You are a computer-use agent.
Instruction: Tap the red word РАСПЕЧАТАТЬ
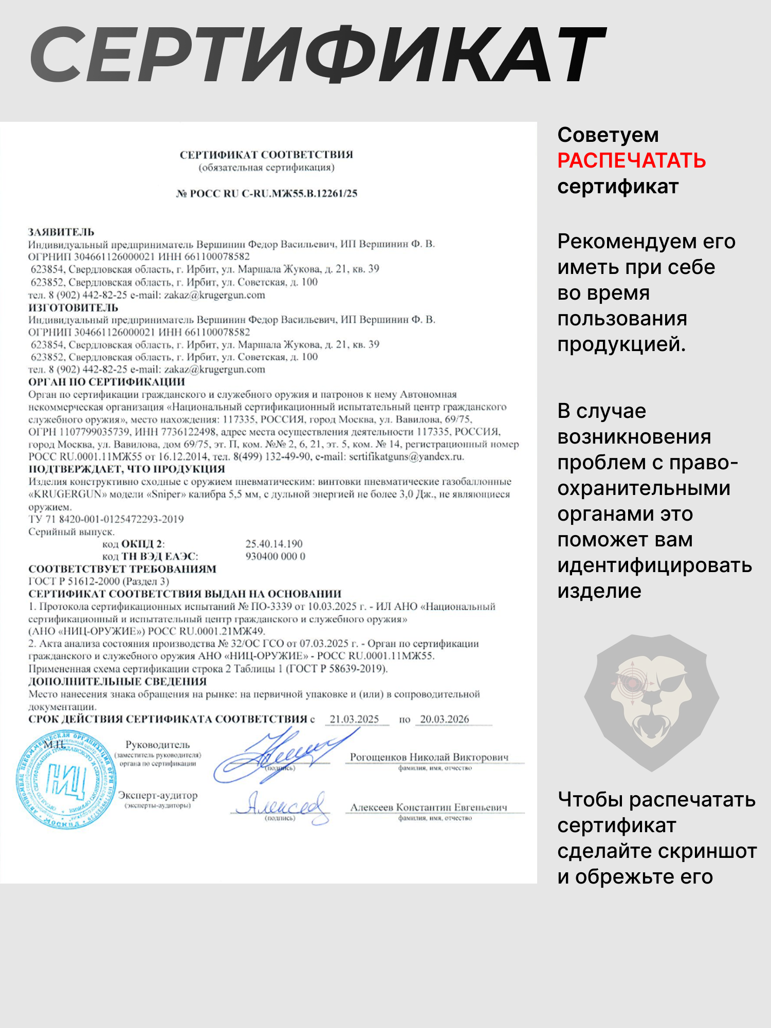(631, 160)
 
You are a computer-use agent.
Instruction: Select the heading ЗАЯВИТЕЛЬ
(61, 232)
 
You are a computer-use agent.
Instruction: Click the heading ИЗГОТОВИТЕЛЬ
(73, 307)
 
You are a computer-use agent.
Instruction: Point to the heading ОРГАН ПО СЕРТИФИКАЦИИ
(106, 382)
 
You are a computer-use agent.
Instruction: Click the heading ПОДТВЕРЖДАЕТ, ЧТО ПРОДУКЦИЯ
(126, 469)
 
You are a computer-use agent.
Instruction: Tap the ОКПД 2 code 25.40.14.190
(274, 544)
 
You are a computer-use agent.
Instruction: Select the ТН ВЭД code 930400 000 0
(275, 556)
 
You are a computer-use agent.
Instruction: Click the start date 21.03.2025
(354, 719)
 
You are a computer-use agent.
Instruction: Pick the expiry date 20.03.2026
(445, 719)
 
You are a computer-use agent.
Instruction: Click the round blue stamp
(66, 779)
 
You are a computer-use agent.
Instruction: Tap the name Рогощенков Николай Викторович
(429, 757)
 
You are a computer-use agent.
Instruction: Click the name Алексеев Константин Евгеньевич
(429, 807)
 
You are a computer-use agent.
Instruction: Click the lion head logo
(651, 702)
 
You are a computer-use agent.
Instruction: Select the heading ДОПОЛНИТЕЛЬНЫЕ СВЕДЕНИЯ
(117, 682)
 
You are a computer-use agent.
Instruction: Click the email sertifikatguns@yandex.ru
(406, 456)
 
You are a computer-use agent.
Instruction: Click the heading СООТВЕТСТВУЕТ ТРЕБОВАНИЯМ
(122, 569)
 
